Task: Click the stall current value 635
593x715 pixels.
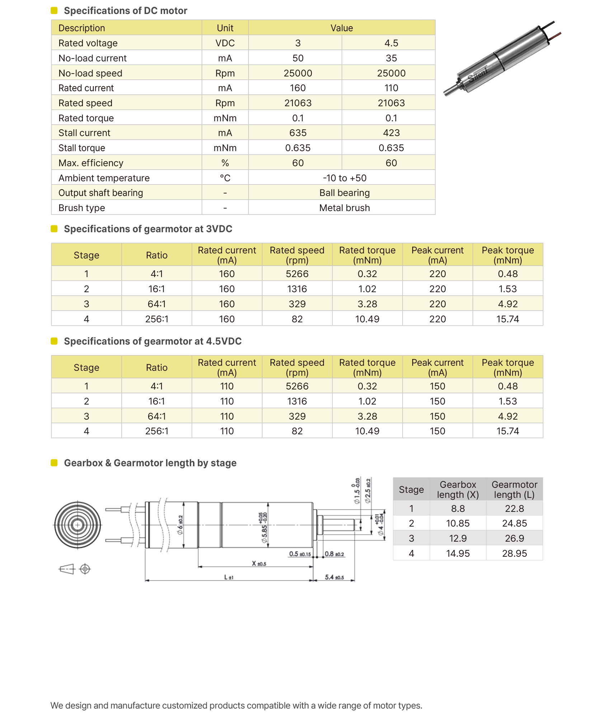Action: click(x=297, y=133)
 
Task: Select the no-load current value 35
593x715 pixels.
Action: click(x=391, y=58)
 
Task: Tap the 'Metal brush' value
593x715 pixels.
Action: click(x=344, y=208)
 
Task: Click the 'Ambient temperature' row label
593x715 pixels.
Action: click(x=104, y=178)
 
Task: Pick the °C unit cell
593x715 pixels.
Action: click(x=225, y=178)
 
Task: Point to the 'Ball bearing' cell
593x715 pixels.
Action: click(x=344, y=193)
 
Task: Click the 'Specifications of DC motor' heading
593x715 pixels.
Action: click(x=125, y=11)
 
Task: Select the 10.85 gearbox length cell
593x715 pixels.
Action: click(x=457, y=523)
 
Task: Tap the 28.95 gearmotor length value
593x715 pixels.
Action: click(x=514, y=553)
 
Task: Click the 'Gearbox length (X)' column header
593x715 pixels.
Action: click(x=457, y=490)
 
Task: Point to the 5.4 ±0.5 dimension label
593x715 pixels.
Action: click(x=334, y=577)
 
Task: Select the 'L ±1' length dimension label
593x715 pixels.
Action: click(x=229, y=577)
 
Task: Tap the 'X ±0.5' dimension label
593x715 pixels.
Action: click(x=259, y=564)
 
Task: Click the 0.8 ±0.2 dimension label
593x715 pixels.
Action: click(x=334, y=554)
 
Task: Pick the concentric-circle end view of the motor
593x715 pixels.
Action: click(x=77, y=525)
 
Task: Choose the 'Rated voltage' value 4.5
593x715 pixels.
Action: click(x=391, y=43)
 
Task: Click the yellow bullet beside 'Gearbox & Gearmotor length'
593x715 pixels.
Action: click(x=54, y=463)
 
